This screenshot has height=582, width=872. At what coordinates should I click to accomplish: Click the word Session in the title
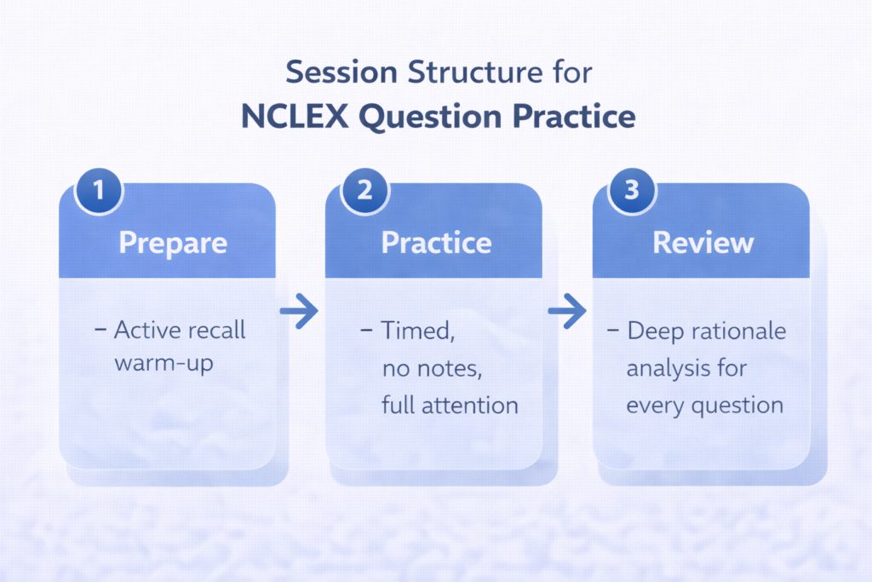tap(341, 72)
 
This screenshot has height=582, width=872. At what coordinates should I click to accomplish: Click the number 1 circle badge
tap(99, 190)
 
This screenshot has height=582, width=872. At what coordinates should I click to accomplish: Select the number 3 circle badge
tap(631, 190)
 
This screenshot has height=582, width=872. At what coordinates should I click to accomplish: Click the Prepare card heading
tap(173, 243)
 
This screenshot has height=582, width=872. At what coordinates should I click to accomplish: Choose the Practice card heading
tap(436, 243)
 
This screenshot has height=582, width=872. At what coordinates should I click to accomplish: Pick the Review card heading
tap(703, 243)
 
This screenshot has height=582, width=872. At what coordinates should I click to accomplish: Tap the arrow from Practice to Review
tap(566, 313)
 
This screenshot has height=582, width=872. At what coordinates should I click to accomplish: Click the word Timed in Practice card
tap(416, 331)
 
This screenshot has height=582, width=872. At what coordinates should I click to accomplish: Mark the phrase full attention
tap(450, 405)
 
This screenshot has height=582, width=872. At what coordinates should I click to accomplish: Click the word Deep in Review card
tap(657, 331)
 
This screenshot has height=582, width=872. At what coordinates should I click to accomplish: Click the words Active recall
tap(179, 331)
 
